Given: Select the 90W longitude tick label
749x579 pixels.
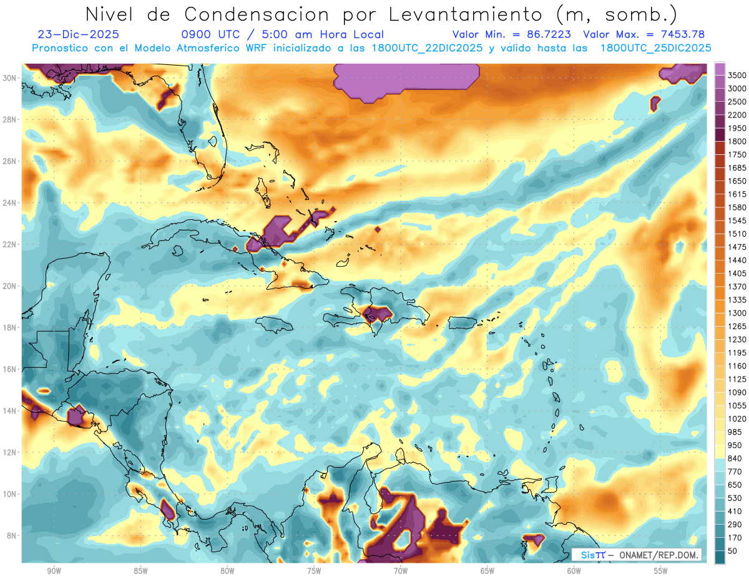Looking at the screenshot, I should (54, 570).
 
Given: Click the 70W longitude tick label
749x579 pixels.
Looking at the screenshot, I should (400, 570).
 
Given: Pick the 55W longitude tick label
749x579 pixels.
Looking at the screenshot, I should (660, 570).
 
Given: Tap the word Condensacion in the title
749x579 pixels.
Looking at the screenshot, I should (263, 14).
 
